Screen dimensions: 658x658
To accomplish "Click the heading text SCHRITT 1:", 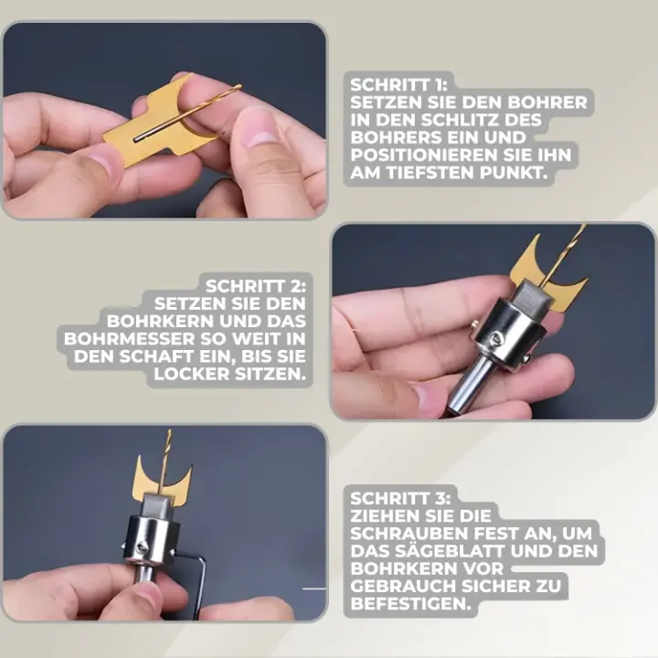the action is click(398, 85).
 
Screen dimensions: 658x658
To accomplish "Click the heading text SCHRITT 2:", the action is click(256, 287).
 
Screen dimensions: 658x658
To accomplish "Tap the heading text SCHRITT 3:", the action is click(400, 499).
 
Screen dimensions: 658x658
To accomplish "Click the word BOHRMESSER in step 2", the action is click(129, 339).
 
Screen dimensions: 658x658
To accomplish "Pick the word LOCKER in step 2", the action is click(192, 375).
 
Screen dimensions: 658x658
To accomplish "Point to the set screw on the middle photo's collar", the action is click(497, 337).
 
